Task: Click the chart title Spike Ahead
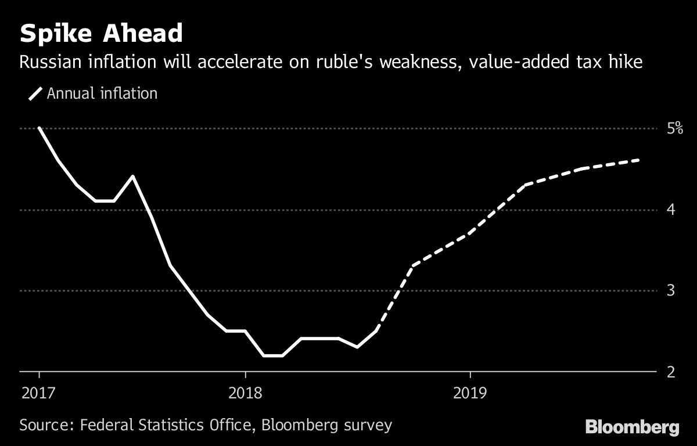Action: [102, 34]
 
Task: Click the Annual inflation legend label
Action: [102, 93]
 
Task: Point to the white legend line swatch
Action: [36, 93]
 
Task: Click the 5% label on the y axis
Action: [659, 128]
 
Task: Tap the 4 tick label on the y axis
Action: [655, 209]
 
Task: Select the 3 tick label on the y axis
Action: [655, 290]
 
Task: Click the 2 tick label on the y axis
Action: [655, 371]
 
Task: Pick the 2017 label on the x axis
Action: [38, 393]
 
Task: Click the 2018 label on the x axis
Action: [245, 393]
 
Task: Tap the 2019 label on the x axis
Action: [469, 393]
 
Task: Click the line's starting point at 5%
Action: [39, 128]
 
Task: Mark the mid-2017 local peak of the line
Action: [133, 176]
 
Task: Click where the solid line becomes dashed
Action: [376, 330]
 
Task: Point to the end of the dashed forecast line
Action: [639, 160]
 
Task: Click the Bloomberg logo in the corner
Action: [632, 428]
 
